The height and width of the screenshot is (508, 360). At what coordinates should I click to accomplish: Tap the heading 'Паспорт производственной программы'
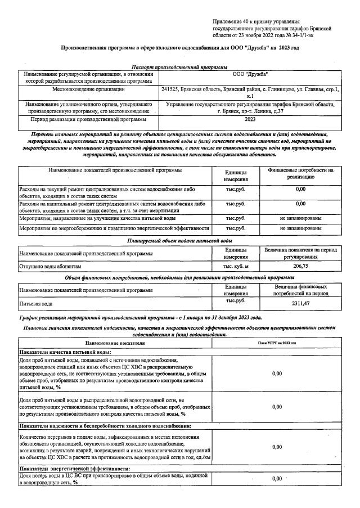[x=179, y=67]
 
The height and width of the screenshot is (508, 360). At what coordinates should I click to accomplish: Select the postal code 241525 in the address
[x=170, y=89]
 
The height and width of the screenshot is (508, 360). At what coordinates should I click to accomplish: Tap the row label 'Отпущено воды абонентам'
[x=51, y=265]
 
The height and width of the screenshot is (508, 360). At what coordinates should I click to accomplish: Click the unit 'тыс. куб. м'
[x=236, y=265]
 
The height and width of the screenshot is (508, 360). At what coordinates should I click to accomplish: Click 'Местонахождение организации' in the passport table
[x=89, y=89]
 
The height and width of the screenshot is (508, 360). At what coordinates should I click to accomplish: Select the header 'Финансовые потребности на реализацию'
[x=300, y=173]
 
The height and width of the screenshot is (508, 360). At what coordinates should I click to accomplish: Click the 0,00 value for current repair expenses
[x=300, y=190]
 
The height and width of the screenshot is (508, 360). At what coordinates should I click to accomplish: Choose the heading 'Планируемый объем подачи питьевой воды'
[x=179, y=240]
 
